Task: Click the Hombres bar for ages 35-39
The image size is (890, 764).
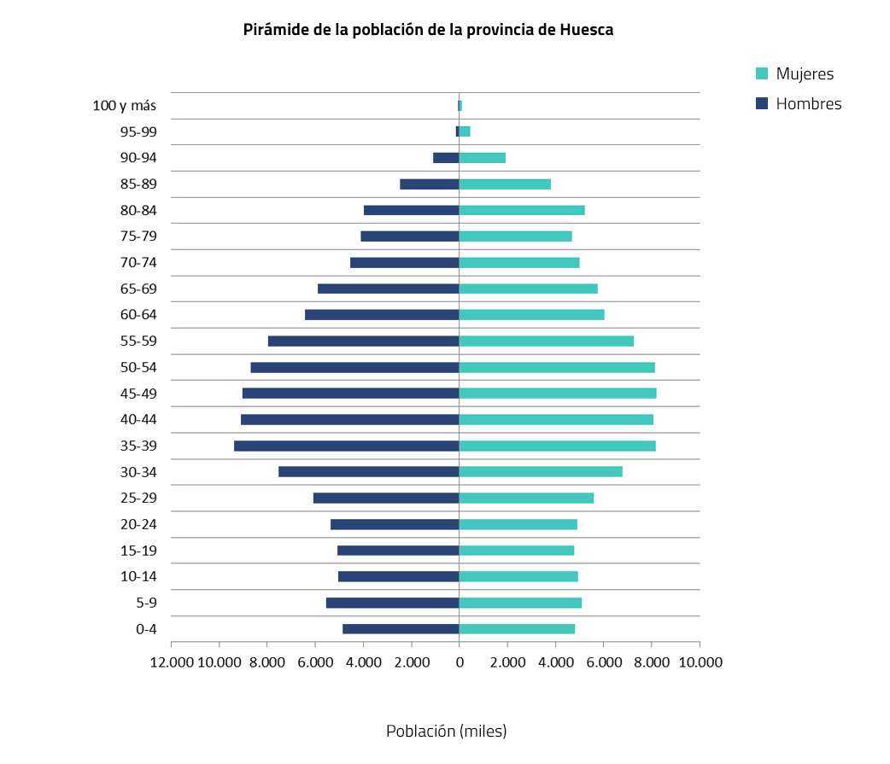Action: tap(346, 446)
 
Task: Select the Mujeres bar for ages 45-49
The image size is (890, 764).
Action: tap(558, 394)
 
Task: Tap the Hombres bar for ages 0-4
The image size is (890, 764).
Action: tap(401, 629)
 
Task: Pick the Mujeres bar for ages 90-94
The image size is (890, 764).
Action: tap(483, 158)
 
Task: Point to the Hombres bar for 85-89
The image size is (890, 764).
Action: tap(430, 184)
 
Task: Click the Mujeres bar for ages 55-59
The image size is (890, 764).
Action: tap(547, 341)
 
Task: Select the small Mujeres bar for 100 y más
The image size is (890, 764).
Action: tap(460, 106)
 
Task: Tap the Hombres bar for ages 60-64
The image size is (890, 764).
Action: tap(382, 315)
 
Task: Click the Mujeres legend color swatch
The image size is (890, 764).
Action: tap(763, 73)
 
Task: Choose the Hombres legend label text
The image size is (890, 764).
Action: tap(809, 104)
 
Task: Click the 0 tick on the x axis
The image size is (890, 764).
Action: tap(460, 662)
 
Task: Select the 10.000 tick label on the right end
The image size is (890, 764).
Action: tap(700, 662)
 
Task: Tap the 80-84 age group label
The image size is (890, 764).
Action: tap(138, 210)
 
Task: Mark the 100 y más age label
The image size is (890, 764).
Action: tap(125, 106)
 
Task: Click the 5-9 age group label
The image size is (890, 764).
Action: tap(146, 604)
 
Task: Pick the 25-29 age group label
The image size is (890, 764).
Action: tap(138, 499)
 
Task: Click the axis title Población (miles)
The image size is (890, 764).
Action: tap(446, 732)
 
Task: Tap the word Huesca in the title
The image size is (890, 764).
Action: tap(587, 30)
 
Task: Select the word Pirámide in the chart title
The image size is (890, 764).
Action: tap(272, 30)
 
